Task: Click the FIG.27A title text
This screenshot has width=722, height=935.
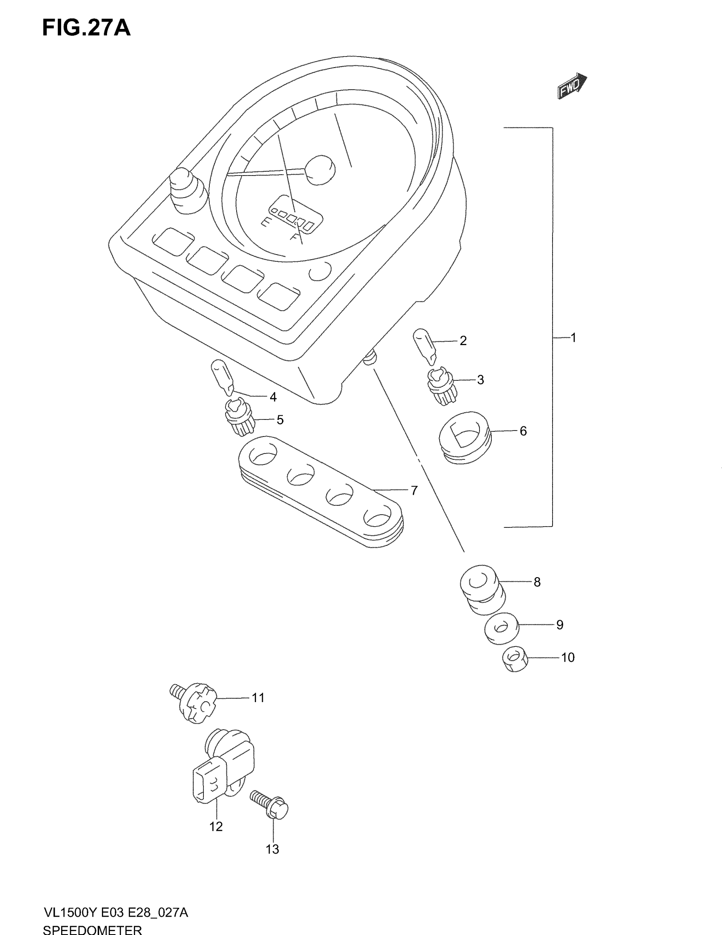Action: [x=86, y=28]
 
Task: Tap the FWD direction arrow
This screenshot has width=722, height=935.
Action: [x=572, y=85]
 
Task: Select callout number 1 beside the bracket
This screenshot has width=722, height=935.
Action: [x=574, y=338]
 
